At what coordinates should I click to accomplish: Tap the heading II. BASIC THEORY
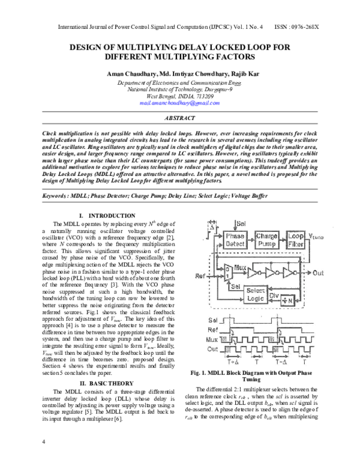[x=107, y=382]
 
